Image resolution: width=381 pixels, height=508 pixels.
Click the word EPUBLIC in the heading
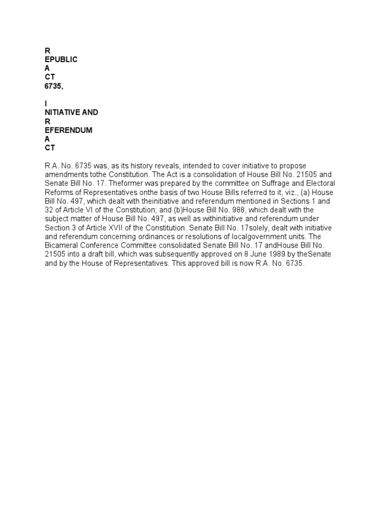[61, 60]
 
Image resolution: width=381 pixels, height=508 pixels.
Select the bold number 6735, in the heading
[54, 86]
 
